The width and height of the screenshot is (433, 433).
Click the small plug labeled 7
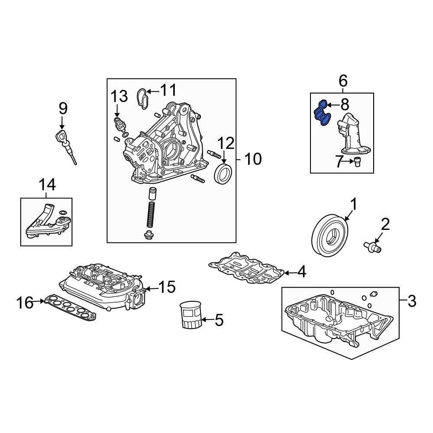pos(358,162)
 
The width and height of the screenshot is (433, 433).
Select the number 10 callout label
pos(253,159)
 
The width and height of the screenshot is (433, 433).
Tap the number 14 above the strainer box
pos(47,185)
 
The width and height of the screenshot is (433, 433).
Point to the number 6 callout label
pos(342,81)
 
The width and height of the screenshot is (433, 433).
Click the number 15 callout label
pos(167,287)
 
